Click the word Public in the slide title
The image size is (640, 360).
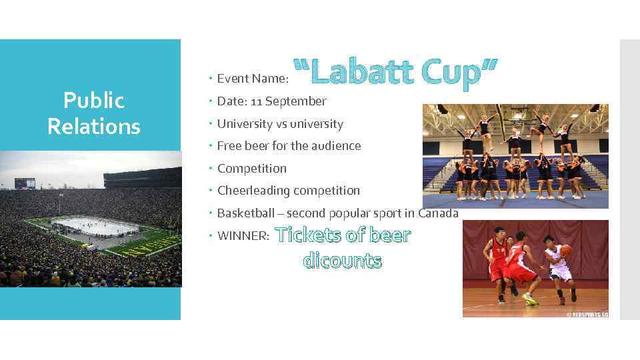(94, 101)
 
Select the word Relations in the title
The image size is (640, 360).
(94, 125)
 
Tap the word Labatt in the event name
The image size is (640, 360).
(359, 75)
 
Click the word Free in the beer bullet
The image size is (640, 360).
(230, 146)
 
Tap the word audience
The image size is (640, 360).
(337, 146)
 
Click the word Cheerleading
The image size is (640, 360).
(254, 191)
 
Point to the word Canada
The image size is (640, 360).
(438, 213)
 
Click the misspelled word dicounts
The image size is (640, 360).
(343, 260)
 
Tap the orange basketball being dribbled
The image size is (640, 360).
(566, 251)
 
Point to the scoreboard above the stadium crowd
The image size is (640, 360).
(25, 183)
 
